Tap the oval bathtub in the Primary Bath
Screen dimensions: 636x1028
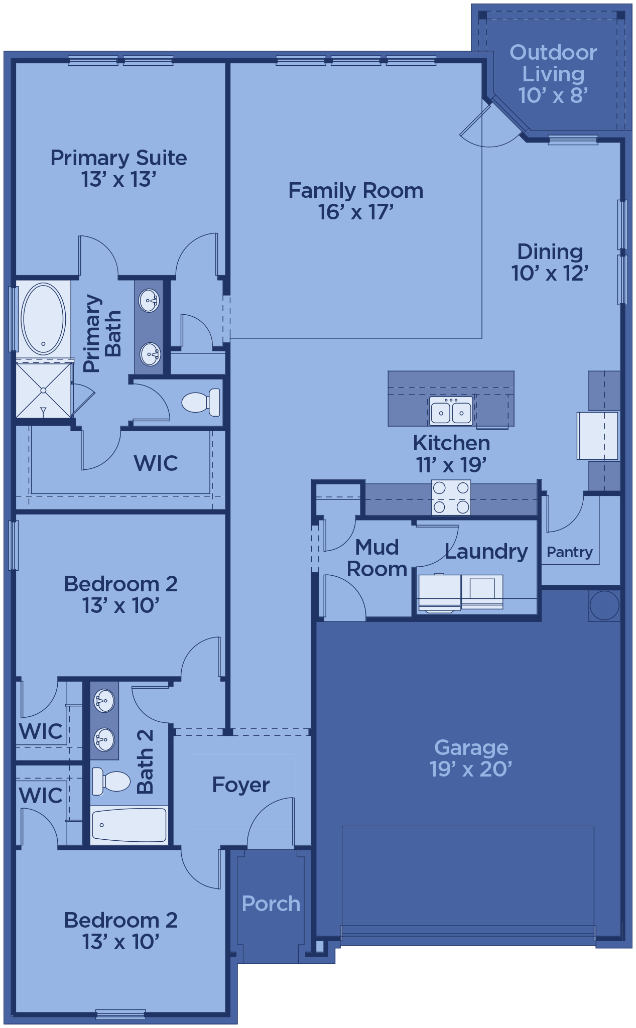point(43,319)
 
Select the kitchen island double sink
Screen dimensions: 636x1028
point(451,411)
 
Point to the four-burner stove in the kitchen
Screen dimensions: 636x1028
point(451,497)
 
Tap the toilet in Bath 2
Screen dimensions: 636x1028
point(111,782)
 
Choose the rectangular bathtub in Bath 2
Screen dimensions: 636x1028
point(129,825)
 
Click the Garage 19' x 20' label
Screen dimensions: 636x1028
point(471,758)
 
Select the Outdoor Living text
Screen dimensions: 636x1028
point(553,63)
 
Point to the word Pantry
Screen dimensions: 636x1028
point(570,552)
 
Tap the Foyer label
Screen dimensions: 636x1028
point(241,785)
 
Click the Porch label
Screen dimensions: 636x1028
point(271,904)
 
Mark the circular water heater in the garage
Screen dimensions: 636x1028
point(604,605)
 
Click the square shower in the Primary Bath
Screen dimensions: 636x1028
point(44,390)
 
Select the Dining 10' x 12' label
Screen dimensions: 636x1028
point(550,263)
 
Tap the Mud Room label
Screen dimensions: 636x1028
point(377,558)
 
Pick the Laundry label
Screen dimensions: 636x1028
point(486,551)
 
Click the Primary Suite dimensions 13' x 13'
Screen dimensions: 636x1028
point(119,180)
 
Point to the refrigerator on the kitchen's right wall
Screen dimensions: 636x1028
point(597,436)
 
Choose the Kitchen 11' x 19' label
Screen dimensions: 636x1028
point(451,454)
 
